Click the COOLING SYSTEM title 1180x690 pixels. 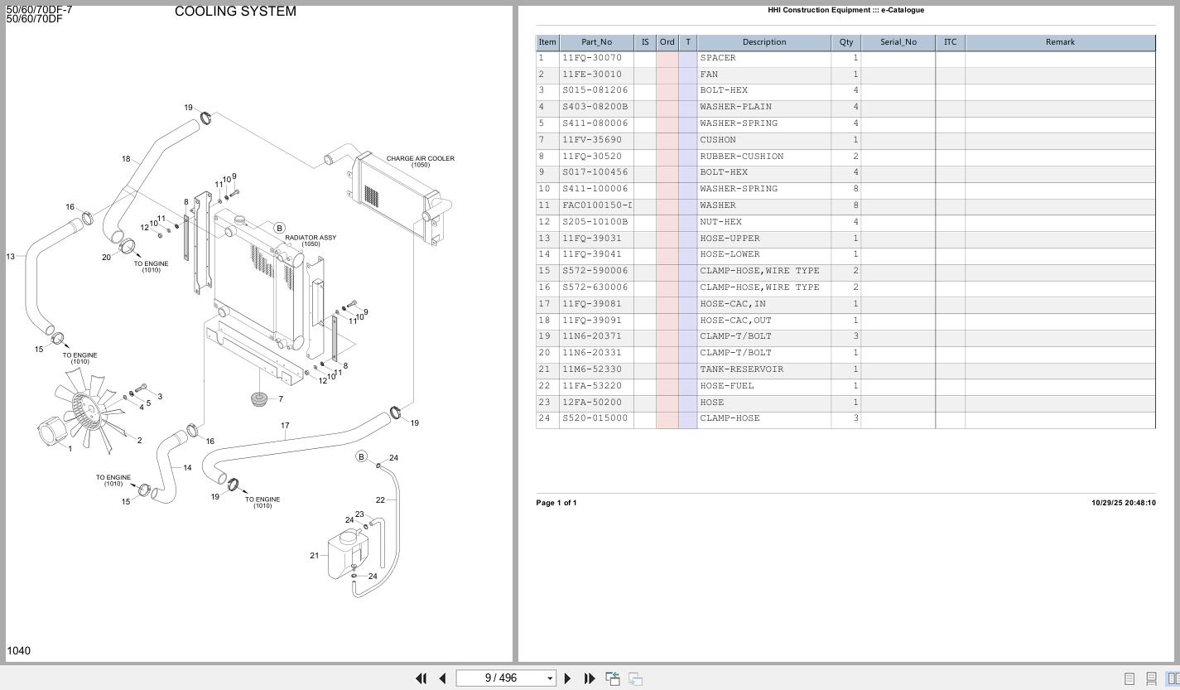235,12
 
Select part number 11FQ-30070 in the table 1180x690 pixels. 591,58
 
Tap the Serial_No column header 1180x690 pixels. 898,42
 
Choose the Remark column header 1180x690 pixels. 1059,42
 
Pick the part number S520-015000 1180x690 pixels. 595,418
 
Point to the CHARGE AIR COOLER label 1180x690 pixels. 420,159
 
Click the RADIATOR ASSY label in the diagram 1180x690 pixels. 311,239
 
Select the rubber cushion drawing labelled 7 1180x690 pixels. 260,400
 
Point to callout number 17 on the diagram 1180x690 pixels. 285,426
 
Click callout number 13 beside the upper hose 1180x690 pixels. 10,257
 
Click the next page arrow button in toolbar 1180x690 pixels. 567,678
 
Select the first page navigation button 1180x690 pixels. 421,678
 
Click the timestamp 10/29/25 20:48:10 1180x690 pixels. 1123,503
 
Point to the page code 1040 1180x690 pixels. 18,651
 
